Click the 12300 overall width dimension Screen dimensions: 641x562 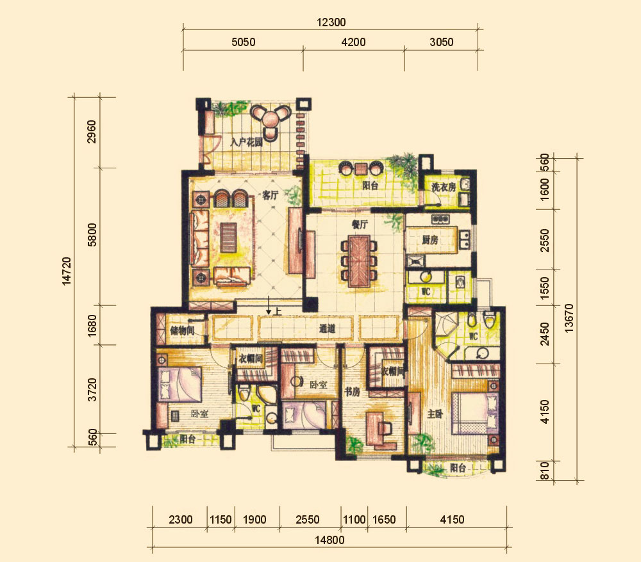coord(331,22)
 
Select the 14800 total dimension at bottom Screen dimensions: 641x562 coord(329,540)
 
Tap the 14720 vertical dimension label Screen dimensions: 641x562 coord(67,271)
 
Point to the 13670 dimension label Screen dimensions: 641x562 coord(569,318)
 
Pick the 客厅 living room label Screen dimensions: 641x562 coord(271,195)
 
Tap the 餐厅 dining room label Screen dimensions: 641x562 coord(360,224)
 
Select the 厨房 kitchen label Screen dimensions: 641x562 coord(429,239)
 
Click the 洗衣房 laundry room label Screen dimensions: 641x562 coord(444,187)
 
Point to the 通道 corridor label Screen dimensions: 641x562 coord(327,328)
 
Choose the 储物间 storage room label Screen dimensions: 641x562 coord(182,330)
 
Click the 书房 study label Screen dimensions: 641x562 coord(352,392)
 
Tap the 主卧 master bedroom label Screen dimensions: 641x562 coord(435,414)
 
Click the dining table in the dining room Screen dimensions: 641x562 coord(360,261)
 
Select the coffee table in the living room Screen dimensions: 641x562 coord(229,237)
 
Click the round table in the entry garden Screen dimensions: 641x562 coord(270,119)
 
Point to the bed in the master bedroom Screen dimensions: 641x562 coord(474,413)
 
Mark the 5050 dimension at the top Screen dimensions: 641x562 coord(243,42)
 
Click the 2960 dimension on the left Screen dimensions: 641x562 coord(92,131)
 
